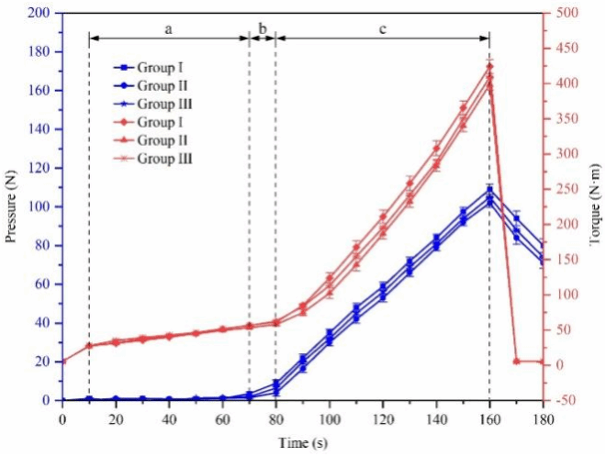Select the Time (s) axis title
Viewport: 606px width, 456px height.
pos(302,443)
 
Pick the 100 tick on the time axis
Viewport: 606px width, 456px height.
pos(329,418)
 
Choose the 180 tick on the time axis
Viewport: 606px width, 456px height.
pos(542,418)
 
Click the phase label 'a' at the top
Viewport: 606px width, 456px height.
pos(168,29)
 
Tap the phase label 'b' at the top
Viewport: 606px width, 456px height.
pos(262,29)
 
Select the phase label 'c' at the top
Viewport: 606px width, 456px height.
pos(381,29)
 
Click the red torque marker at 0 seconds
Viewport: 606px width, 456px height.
pos(62,361)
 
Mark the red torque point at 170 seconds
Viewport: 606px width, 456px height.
pos(516,361)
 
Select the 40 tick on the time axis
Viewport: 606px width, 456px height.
pos(169,418)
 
